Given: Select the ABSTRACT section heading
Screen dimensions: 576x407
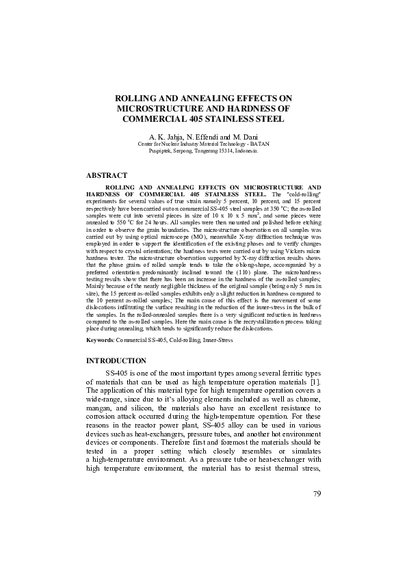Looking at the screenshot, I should click(106, 176).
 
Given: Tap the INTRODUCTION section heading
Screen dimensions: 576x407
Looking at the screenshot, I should click(116, 360).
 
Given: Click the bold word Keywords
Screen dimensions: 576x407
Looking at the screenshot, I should click(100, 339).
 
